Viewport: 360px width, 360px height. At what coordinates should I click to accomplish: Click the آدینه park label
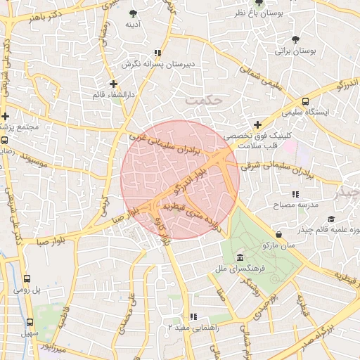click(134, 25)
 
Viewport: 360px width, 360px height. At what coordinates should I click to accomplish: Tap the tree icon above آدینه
click(134, 13)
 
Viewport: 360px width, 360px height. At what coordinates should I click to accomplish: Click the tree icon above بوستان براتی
click(296, 39)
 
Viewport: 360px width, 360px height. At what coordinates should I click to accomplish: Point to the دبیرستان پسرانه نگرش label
click(158, 65)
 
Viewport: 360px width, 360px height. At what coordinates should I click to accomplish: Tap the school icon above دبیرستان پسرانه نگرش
click(158, 53)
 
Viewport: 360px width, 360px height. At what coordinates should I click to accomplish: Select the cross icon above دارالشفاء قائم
click(114, 84)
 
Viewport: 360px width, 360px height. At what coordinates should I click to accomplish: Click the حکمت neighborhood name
click(205, 100)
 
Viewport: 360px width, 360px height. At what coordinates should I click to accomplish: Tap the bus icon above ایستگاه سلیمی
click(305, 101)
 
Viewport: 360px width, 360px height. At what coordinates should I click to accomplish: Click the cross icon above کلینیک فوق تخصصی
click(257, 124)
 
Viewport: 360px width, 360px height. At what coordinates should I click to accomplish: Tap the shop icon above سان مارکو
click(280, 233)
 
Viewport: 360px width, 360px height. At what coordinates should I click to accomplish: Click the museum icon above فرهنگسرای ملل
click(240, 257)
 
